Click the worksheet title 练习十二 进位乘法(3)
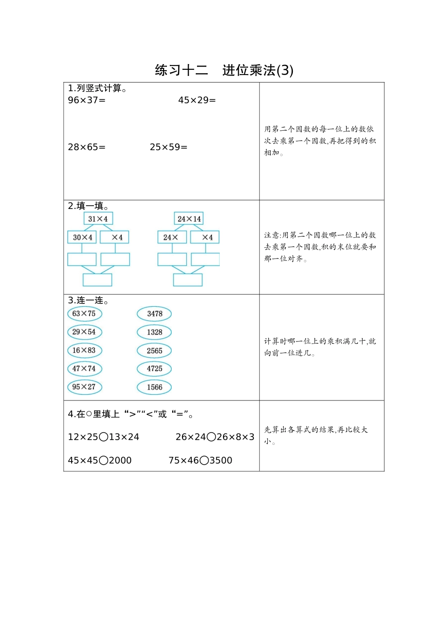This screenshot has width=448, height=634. tap(224, 70)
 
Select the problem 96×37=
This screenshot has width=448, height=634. tap(87, 100)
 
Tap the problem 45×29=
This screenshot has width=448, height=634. tap(197, 100)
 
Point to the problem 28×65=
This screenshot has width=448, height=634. tap(87, 147)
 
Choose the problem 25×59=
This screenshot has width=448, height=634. tap(168, 147)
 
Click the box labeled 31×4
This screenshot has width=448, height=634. tap(98, 219)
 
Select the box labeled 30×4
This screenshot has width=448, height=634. tap(82, 237)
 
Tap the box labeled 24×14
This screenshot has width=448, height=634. tap(189, 219)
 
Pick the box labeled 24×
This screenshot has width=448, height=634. tap(172, 237)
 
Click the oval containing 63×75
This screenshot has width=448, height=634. tap(84, 314)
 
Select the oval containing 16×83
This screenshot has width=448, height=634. tap(84, 350)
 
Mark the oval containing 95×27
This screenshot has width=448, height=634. tap(84, 387)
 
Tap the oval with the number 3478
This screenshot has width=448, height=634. tap(154, 314)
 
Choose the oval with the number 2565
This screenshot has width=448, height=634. tap(154, 350)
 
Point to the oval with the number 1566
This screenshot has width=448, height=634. tap(154, 387)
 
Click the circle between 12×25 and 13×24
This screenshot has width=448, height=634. tap(103, 437)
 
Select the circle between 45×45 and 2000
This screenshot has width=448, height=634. tap(103, 461)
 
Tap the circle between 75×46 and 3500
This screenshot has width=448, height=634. tap(204, 461)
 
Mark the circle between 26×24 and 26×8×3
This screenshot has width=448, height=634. tap(211, 437)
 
